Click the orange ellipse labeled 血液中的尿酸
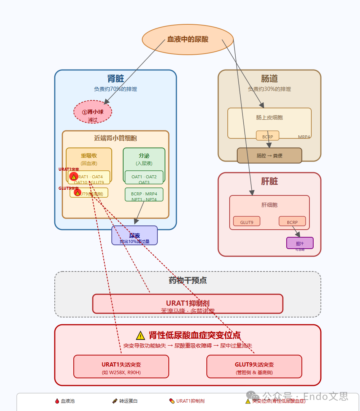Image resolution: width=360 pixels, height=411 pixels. (x=187, y=40)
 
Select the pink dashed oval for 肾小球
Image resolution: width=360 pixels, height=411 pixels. (x=93, y=112)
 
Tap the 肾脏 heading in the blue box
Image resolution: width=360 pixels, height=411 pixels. (x=116, y=79)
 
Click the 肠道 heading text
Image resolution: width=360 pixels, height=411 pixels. (x=269, y=79)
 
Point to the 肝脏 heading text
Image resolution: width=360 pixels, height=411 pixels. (x=269, y=181)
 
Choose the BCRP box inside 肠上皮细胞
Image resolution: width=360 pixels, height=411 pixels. (x=267, y=136)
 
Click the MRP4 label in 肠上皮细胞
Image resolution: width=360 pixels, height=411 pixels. (x=304, y=137)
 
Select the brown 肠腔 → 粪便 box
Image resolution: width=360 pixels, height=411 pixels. (x=269, y=156)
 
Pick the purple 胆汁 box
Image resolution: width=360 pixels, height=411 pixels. (x=300, y=243)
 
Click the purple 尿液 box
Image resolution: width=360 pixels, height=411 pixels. (x=134, y=236)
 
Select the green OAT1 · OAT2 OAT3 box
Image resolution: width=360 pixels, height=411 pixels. (x=144, y=177)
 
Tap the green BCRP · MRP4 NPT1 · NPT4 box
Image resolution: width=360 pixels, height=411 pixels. (x=144, y=194)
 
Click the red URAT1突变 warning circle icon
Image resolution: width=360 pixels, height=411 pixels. (x=74, y=177)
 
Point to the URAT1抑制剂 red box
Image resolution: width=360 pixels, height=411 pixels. (x=187, y=304)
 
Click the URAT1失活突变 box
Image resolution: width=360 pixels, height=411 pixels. (x=121, y=367)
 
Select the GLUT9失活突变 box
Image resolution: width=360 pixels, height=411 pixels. (x=254, y=367)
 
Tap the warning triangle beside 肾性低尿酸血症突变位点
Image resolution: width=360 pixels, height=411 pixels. (x=140, y=335)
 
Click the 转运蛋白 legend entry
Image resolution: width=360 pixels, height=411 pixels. (x=125, y=401)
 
